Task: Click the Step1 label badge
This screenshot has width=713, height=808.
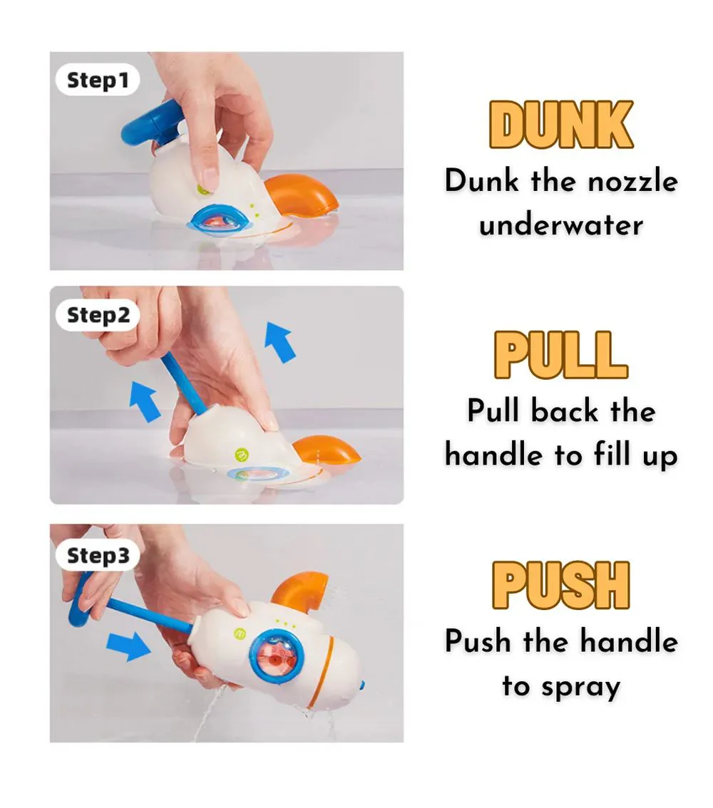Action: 98,80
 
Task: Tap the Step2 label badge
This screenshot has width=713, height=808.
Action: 98,315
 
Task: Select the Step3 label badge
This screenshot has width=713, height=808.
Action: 98,556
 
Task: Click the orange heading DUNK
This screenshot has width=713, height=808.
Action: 561,124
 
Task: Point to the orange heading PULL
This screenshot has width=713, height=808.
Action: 561,355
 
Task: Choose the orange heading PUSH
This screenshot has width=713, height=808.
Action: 561,586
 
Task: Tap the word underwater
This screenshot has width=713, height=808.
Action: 561,226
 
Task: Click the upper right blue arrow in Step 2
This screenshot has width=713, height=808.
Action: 280,342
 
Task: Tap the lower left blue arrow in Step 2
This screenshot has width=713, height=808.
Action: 145,401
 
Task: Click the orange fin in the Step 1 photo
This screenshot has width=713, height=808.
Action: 302,196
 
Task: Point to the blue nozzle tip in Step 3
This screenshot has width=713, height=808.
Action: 362,686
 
